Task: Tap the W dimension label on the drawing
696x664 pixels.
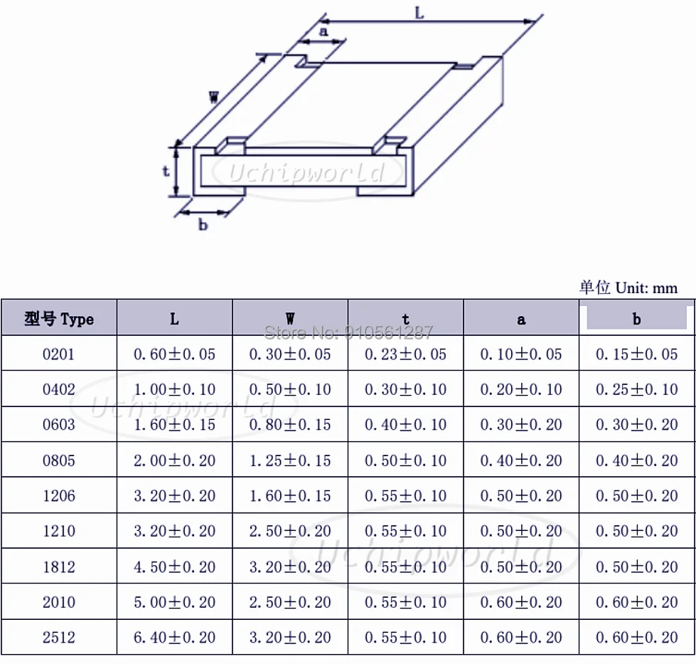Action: coord(213,97)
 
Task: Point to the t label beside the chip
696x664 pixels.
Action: coord(166,171)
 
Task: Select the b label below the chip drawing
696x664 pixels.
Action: coord(203,224)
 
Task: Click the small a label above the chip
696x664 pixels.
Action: coord(323,31)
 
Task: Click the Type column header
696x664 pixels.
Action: coord(59,319)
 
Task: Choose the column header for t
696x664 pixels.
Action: coord(405,319)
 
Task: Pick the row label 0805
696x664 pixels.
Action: coord(59,460)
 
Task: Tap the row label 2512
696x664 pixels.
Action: coord(59,638)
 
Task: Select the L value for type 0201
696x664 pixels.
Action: coord(174,354)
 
